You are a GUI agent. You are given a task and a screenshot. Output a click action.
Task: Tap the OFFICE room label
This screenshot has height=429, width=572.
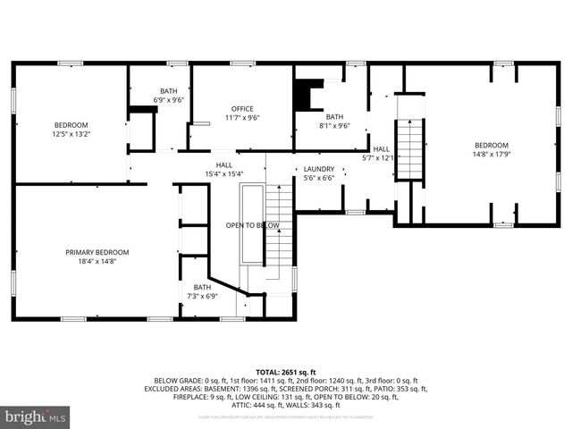(x=242, y=109)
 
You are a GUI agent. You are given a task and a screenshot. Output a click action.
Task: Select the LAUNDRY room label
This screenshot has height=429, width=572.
(x=318, y=169)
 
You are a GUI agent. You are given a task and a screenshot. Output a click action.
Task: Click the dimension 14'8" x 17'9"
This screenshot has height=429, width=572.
(x=491, y=154)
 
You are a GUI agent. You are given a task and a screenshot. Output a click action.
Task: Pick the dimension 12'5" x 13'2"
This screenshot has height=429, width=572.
(x=71, y=134)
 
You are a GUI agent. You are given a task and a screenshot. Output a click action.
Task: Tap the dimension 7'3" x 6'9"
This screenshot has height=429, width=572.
(x=202, y=296)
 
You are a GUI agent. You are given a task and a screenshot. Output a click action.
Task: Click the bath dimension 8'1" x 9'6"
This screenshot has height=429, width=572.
(x=334, y=126)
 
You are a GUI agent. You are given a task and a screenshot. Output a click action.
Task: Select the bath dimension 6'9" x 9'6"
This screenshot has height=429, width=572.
(x=168, y=100)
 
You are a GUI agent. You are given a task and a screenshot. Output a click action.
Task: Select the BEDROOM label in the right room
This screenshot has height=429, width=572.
(x=491, y=145)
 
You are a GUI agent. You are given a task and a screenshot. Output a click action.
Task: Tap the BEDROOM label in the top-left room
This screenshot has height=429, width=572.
(x=71, y=125)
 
